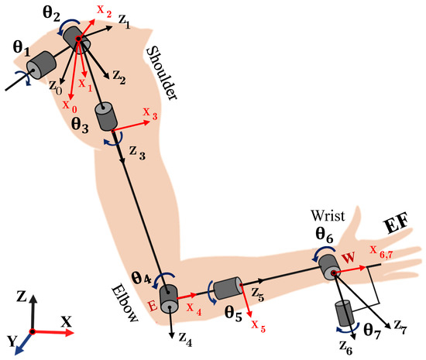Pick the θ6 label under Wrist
tap(324, 231)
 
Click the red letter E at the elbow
tap(153, 306)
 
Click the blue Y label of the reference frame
tap(11, 340)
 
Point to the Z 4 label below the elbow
tap(181, 338)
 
